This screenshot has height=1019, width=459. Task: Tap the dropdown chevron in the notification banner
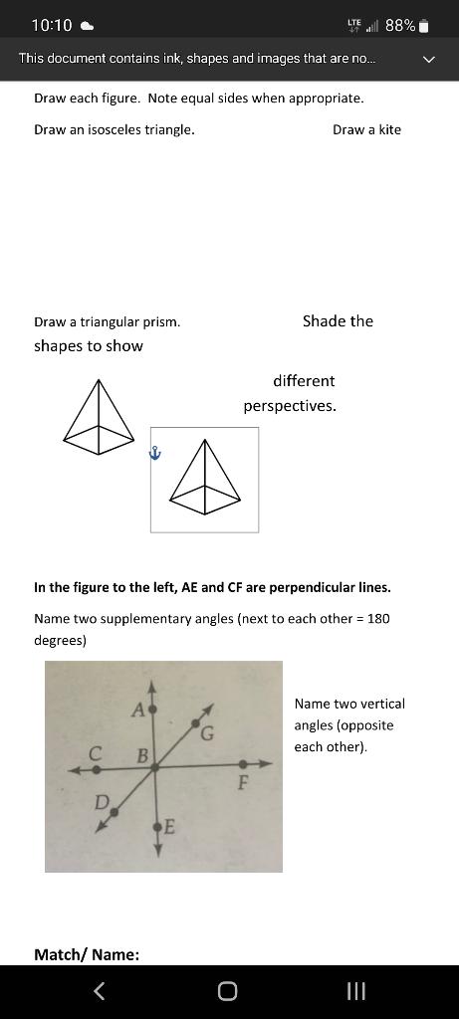pyautogui.click(x=429, y=60)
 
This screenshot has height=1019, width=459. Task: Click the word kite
pyautogui.click(x=389, y=129)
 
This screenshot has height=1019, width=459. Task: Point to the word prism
pyautogui.click(x=163, y=321)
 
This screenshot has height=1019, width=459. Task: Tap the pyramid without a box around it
pyautogui.click(x=98, y=411)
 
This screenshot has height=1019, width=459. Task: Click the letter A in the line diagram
pyautogui.click(x=137, y=709)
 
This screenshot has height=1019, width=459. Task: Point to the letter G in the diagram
pyautogui.click(x=207, y=735)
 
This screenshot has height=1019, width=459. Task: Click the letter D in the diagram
pyautogui.click(x=101, y=801)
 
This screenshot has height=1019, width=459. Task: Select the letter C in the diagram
pyautogui.click(x=96, y=753)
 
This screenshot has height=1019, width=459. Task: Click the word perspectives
pyautogui.click(x=290, y=406)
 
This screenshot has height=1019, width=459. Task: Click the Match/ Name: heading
pyautogui.click(x=87, y=954)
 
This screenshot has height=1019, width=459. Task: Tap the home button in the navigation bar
pyautogui.click(x=227, y=990)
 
